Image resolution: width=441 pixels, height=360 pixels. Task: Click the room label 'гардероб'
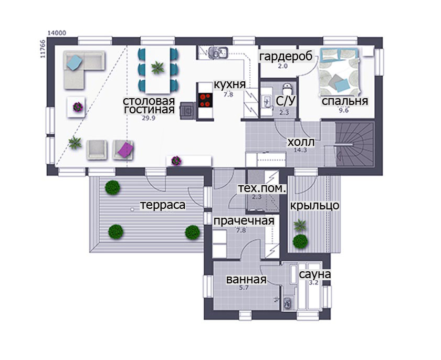[x=286, y=57]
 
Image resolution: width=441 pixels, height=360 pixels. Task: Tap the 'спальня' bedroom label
[x=345, y=101]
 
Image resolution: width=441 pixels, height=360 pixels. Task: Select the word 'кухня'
[x=230, y=84]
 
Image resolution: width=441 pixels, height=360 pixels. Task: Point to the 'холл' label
[x=301, y=142]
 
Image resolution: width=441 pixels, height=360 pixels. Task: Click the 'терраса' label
[x=163, y=205]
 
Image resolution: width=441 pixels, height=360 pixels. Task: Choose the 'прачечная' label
[x=244, y=221]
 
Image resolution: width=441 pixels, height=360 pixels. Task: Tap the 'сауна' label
[x=314, y=274]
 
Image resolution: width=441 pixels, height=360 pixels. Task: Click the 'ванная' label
[x=246, y=280]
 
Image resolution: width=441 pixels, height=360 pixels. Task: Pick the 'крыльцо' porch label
[x=314, y=206]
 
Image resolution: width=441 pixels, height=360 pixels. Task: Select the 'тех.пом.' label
[x=262, y=188]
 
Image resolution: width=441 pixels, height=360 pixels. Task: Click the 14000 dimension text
[x=57, y=33]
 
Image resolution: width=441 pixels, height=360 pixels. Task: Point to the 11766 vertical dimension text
[x=43, y=49]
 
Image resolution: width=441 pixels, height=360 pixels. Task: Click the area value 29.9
[x=149, y=118]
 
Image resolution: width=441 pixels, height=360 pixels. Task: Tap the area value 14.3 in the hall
[x=300, y=150]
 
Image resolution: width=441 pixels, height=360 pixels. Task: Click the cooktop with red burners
[x=205, y=100]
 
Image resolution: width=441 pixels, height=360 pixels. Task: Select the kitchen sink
[x=218, y=52]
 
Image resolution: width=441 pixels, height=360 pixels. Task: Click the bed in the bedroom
[x=339, y=73]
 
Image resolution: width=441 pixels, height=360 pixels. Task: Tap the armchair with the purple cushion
[x=123, y=150]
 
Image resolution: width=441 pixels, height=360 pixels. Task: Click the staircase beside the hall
[x=354, y=144]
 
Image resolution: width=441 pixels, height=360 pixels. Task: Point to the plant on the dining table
[x=157, y=68]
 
